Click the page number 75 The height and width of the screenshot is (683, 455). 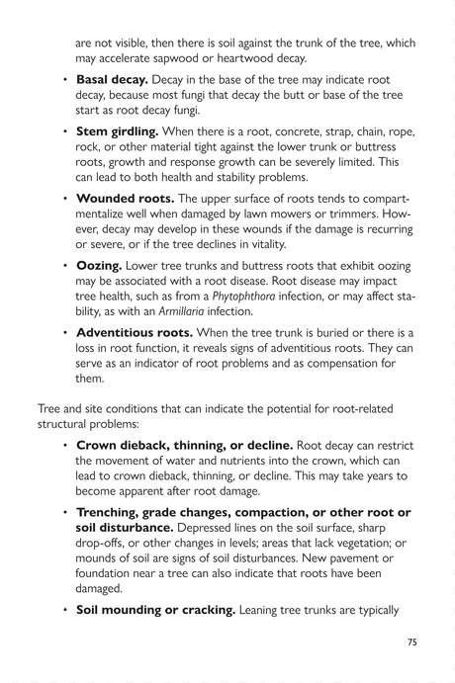pyautogui.click(x=413, y=640)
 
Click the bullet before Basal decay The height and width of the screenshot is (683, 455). pyautogui.click(x=65, y=77)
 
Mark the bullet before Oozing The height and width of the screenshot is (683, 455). pyautogui.click(x=65, y=267)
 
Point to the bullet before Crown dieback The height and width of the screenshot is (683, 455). pyautogui.click(x=65, y=446)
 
